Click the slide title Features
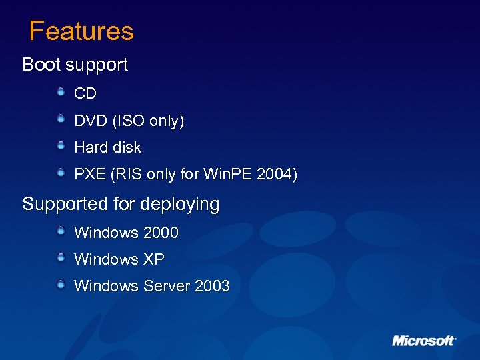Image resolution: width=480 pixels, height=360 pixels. tap(81, 31)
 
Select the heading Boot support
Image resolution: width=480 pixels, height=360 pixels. tap(75, 65)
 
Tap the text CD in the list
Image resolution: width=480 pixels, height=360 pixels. tap(85, 94)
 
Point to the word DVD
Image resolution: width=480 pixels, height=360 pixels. tap(91, 121)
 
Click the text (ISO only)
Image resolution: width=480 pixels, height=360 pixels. tap(148, 121)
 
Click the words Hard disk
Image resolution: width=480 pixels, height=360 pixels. tap(107, 147)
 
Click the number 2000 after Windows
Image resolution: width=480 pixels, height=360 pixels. tap(161, 233)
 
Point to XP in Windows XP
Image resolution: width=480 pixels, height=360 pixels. tap(154, 259)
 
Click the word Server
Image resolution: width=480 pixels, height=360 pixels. tap(167, 286)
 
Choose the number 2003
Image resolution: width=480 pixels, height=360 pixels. tap(212, 286)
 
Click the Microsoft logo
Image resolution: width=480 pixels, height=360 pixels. tap(423, 341)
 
